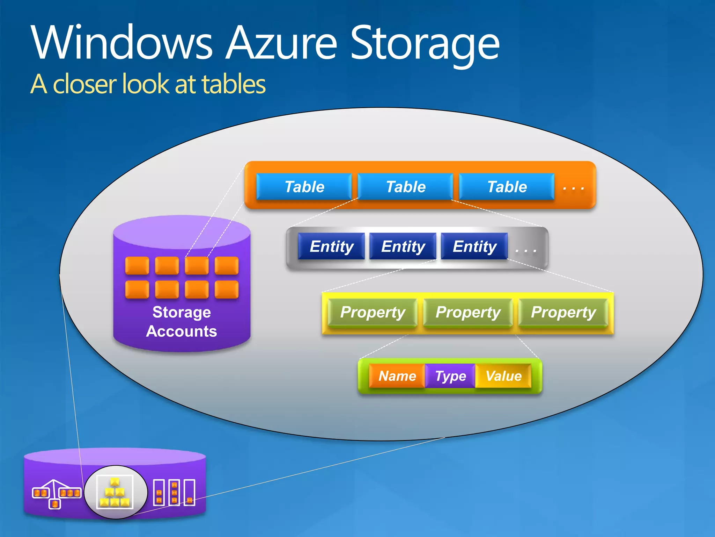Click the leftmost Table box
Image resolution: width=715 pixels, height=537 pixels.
(304, 187)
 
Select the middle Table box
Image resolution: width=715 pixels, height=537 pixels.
(405, 187)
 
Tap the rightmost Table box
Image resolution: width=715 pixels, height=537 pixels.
(507, 187)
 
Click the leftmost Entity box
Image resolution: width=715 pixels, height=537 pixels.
(331, 246)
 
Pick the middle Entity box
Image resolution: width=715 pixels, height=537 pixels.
(403, 246)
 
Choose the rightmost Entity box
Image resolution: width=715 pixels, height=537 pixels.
(474, 246)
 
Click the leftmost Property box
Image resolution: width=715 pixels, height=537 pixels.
(373, 312)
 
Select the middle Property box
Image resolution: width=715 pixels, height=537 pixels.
(468, 312)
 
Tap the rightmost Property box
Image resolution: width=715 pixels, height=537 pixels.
(563, 312)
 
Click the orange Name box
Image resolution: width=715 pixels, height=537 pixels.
(397, 376)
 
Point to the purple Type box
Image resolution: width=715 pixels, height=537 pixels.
(450, 376)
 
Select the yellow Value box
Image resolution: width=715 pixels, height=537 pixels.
(503, 376)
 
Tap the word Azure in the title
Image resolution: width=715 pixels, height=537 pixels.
(281, 44)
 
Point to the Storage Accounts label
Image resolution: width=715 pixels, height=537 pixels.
(182, 322)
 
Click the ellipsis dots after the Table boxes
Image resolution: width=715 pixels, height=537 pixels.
(573, 188)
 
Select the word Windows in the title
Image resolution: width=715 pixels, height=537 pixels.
(121, 44)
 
